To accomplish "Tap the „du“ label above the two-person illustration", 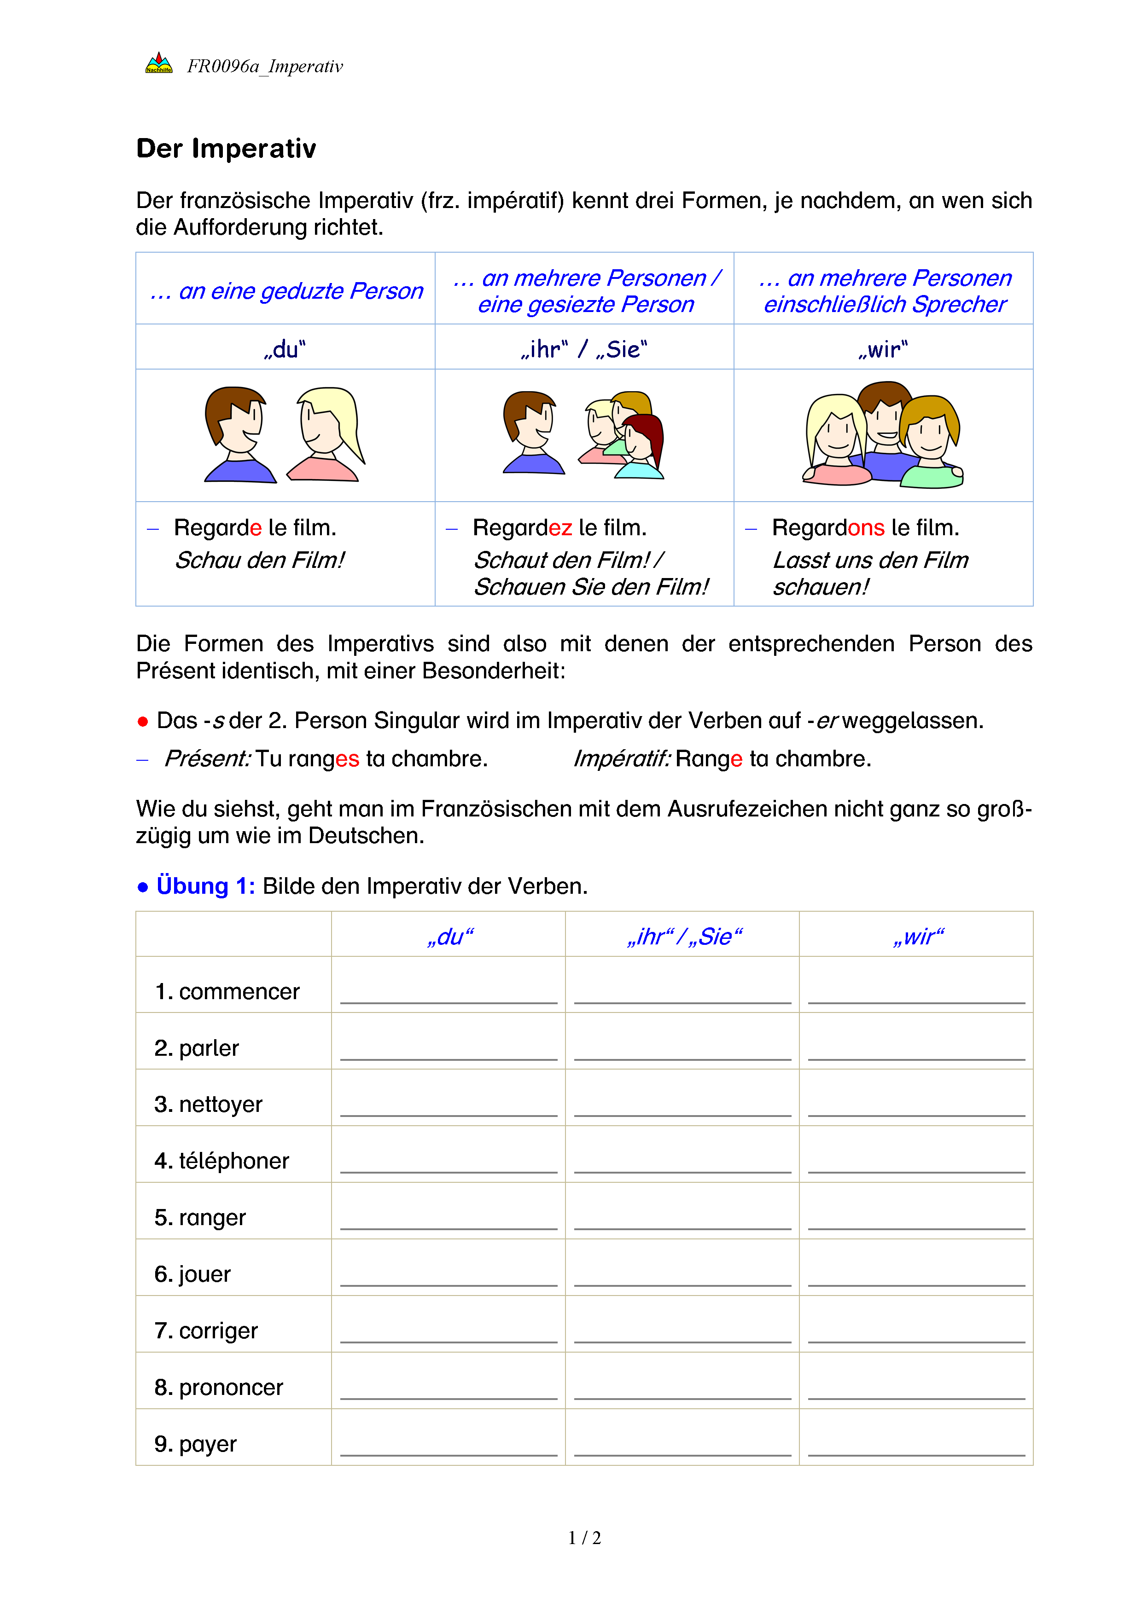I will click(x=285, y=349).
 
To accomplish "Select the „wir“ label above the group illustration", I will click(x=883, y=349).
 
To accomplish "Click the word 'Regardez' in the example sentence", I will click(x=522, y=527).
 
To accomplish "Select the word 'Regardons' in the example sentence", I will click(x=827, y=527).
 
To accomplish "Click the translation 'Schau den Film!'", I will click(x=259, y=560).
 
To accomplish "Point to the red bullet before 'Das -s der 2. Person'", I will click(x=143, y=721).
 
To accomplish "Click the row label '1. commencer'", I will click(x=227, y=991).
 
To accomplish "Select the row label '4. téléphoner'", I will click(x=221, y=1161).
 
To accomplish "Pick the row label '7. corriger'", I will click(x=206, y=1331).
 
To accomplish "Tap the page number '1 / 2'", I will click(x=584, y=1538).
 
